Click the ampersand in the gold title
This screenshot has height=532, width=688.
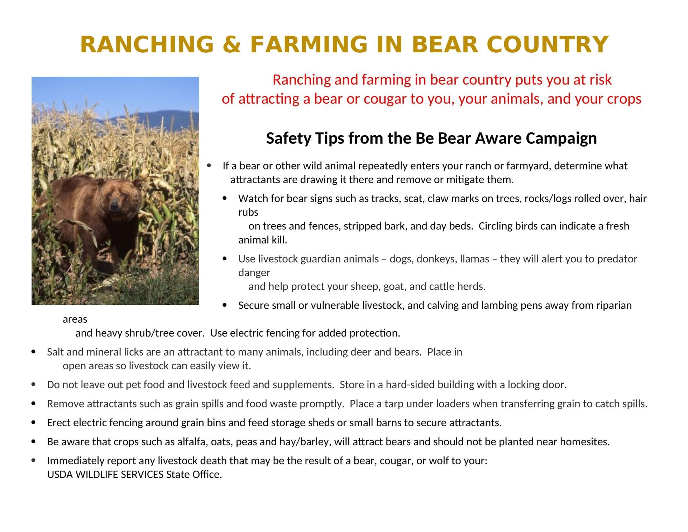click(231, 44)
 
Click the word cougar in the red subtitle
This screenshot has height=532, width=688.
click(385, 99)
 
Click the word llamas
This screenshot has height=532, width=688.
click(474, 259)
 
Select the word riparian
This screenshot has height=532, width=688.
click(614, 305)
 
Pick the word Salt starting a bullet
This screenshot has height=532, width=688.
click(55, 352)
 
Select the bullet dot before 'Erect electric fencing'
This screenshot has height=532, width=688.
click(34, 423)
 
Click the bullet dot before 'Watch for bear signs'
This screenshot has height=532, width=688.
click(225, 198)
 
